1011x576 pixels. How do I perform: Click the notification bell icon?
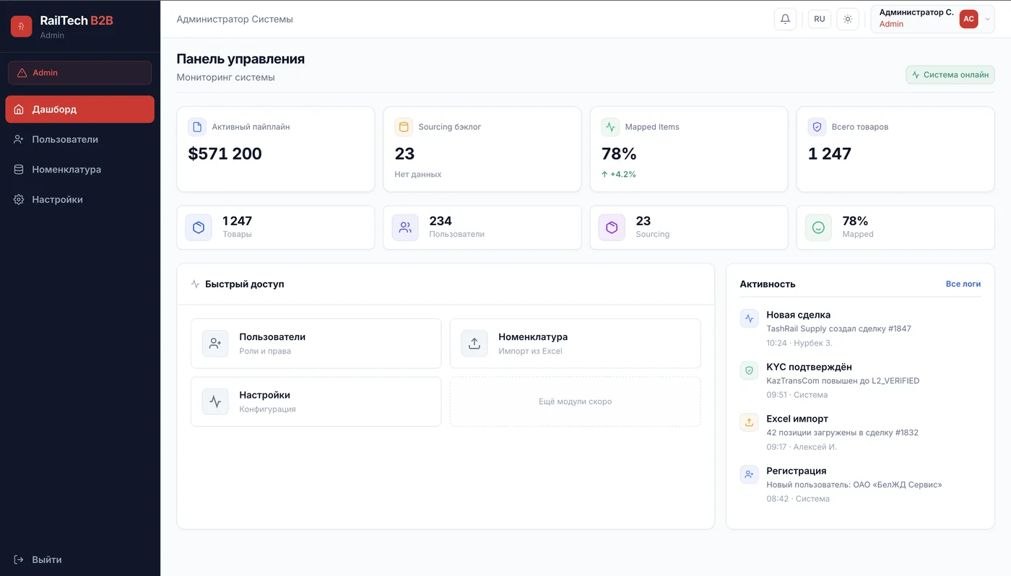pos(785,19)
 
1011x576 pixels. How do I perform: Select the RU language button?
pos(820,19)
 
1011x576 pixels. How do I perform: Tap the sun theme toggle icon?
pos(848,19)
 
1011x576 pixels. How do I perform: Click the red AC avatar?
pos(968,19)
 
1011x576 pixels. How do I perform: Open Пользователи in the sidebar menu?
pos(65,139)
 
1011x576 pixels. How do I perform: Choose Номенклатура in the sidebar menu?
pos(66,170)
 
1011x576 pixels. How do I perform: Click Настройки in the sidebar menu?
pos(57,199)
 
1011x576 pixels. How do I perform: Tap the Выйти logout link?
pos(46,559)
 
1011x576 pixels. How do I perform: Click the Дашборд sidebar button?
pos(79,109)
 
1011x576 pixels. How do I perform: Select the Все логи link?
pos(963,284)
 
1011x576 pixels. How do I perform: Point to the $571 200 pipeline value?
pos(225,154)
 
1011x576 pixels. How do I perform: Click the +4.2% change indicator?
pos(619,174)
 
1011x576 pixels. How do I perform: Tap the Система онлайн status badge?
pos(950,75)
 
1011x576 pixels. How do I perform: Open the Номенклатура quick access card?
pos(575,344)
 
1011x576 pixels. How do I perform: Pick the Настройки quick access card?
pos(316,401)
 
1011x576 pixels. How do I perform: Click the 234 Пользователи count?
pos(441,221)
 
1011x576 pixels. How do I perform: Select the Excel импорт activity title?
pos(797,419)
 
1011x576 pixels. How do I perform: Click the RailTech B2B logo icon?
pos(21,27)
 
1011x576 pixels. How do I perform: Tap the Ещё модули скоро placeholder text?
pos(575,401)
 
